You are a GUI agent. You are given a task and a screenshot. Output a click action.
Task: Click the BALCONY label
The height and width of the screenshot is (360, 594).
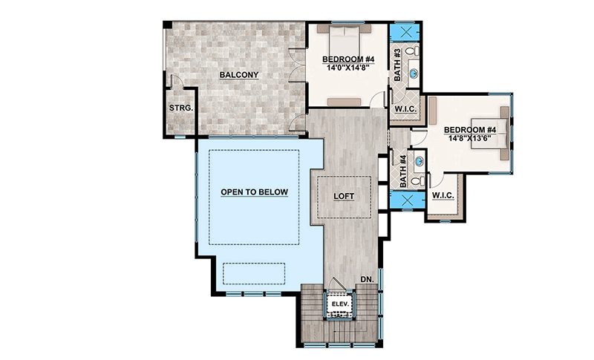click(x=238, y=75)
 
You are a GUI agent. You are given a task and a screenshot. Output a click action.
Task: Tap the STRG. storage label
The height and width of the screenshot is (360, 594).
click(x=181, y=108)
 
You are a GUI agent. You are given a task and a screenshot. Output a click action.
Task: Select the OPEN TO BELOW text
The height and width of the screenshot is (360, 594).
click(x=254, y=192)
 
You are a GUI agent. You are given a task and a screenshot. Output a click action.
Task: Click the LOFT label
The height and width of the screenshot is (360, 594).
click(x=344, y=196)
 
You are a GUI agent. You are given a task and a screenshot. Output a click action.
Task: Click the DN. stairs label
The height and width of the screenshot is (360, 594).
click(x=366, y=279)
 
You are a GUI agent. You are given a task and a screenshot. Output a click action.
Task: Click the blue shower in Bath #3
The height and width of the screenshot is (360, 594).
click(x=405, y=33)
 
